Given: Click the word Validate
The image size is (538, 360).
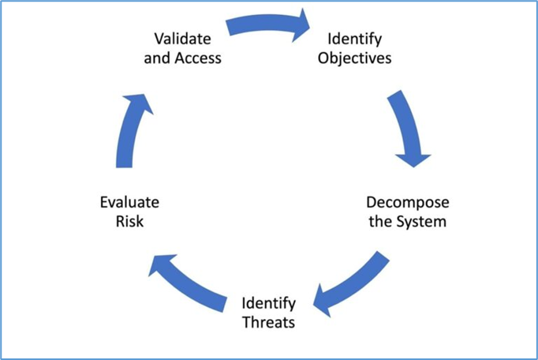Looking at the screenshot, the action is click(182, 39).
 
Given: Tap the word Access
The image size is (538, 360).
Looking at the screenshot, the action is click(198, 58).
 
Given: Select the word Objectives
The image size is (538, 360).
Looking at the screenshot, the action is click(354, 58).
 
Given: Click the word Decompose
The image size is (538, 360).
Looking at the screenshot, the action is click(408, 202).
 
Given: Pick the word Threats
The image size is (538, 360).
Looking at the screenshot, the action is click(269, 322).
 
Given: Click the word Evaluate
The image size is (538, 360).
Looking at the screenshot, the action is click(129, 202).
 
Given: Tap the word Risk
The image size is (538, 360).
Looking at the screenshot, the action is click(129, 222).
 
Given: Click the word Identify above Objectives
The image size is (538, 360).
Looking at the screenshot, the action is click(354, 39).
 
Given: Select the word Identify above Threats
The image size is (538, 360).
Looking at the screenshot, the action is click(269, 303).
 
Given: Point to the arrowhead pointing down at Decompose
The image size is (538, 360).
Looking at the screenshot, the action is click(413, 160).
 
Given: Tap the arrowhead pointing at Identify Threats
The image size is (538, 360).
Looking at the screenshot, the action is click(322, 302).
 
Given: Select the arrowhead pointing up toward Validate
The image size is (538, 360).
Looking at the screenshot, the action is click(139, 103).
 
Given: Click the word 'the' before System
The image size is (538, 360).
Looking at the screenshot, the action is click(381, 222).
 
